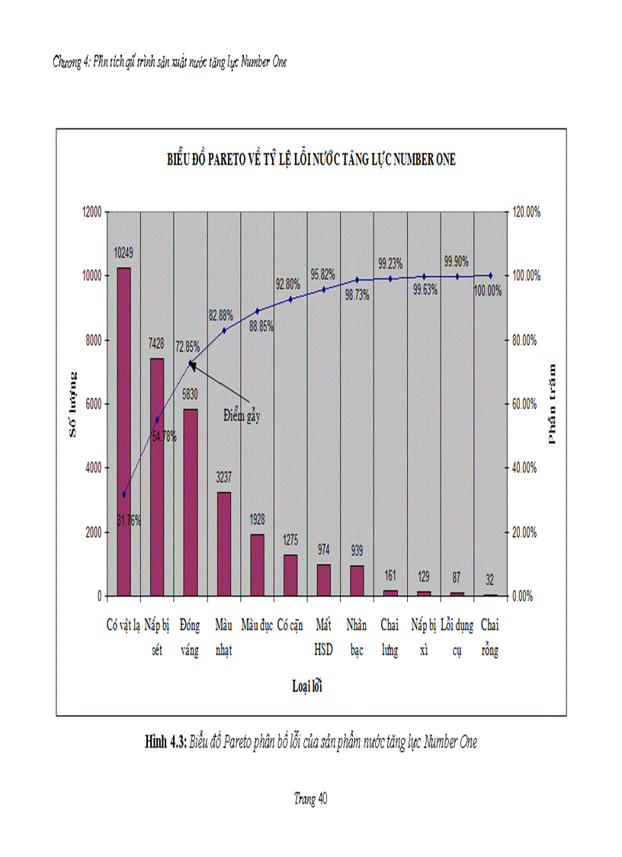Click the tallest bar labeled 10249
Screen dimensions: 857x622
click(123, 431)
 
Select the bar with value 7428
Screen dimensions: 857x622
click(157, 477)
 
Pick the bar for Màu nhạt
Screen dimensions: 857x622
click(224, 543)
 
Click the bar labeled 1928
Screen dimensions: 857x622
click(258, 565)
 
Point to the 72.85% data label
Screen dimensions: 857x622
click(190, 346)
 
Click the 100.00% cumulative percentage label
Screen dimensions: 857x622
click(488, 290)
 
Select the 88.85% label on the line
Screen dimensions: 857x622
click(258, 325)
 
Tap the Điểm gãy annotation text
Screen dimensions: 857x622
click(242, 415)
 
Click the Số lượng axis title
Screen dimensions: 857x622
click(73, 404)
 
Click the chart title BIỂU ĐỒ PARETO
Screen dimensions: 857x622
click(312, 159)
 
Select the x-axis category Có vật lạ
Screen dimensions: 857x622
click(123, 627)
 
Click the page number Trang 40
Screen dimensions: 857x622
click(310, 798)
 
